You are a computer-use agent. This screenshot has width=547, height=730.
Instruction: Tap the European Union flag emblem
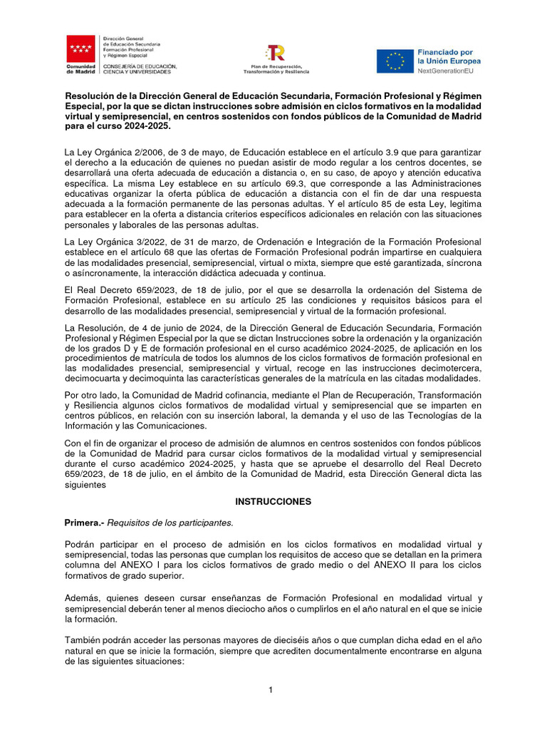tap(395, 61)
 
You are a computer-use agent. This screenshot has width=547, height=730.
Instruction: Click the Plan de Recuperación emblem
tap(276, 53)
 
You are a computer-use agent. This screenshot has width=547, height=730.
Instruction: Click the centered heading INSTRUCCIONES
tap(273, 502)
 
